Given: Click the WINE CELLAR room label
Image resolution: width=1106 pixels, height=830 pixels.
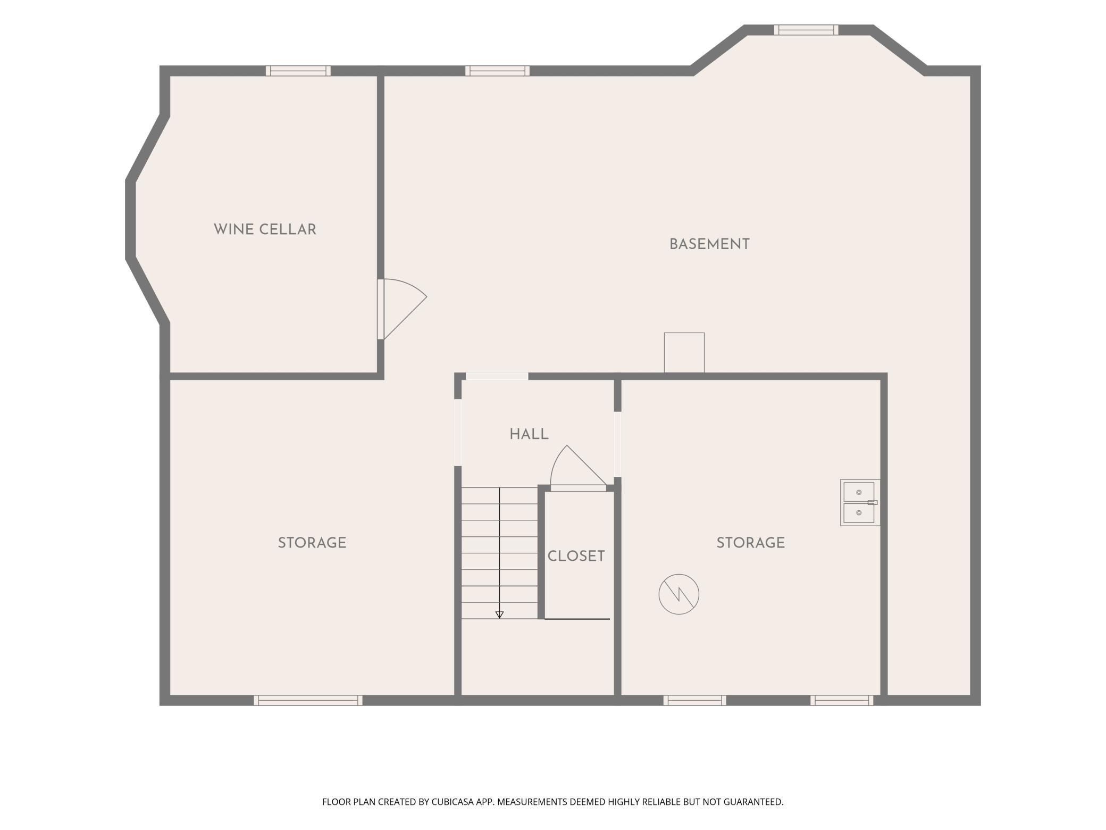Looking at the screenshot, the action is (265, 230).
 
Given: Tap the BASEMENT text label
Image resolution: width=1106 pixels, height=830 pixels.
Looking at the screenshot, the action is (709, 244).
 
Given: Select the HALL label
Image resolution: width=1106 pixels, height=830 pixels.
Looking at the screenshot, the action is (529, 434).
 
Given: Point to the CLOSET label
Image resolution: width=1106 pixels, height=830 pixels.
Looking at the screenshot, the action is (576, 556).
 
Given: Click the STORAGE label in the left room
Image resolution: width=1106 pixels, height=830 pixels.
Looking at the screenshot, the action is (312, 543).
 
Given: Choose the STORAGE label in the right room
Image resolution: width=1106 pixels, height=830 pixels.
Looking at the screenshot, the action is (750, 543).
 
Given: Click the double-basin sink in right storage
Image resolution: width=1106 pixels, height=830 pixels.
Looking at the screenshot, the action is (860, 503).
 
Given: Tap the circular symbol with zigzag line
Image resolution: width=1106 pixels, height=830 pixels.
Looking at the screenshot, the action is (678, 594).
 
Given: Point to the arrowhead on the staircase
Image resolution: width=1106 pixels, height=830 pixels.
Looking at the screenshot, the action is (499, 615).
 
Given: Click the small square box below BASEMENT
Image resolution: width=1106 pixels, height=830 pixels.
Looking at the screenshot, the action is (684, 353).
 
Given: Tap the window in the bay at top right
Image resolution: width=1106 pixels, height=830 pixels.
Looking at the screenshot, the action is (806, 30).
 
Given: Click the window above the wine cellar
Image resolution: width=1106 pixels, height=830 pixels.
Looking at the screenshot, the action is (298, 71).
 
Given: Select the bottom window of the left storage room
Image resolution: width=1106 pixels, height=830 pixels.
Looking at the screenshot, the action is (308, 700).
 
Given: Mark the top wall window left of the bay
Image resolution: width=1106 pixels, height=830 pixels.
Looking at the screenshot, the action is (497, 71).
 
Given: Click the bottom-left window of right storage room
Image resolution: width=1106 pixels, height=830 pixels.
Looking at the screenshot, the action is (694, 700).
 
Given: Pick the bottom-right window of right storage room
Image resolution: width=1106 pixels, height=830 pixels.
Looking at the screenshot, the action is (842, 700).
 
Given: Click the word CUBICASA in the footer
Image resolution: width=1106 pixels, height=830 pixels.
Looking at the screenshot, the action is (454, 802).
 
